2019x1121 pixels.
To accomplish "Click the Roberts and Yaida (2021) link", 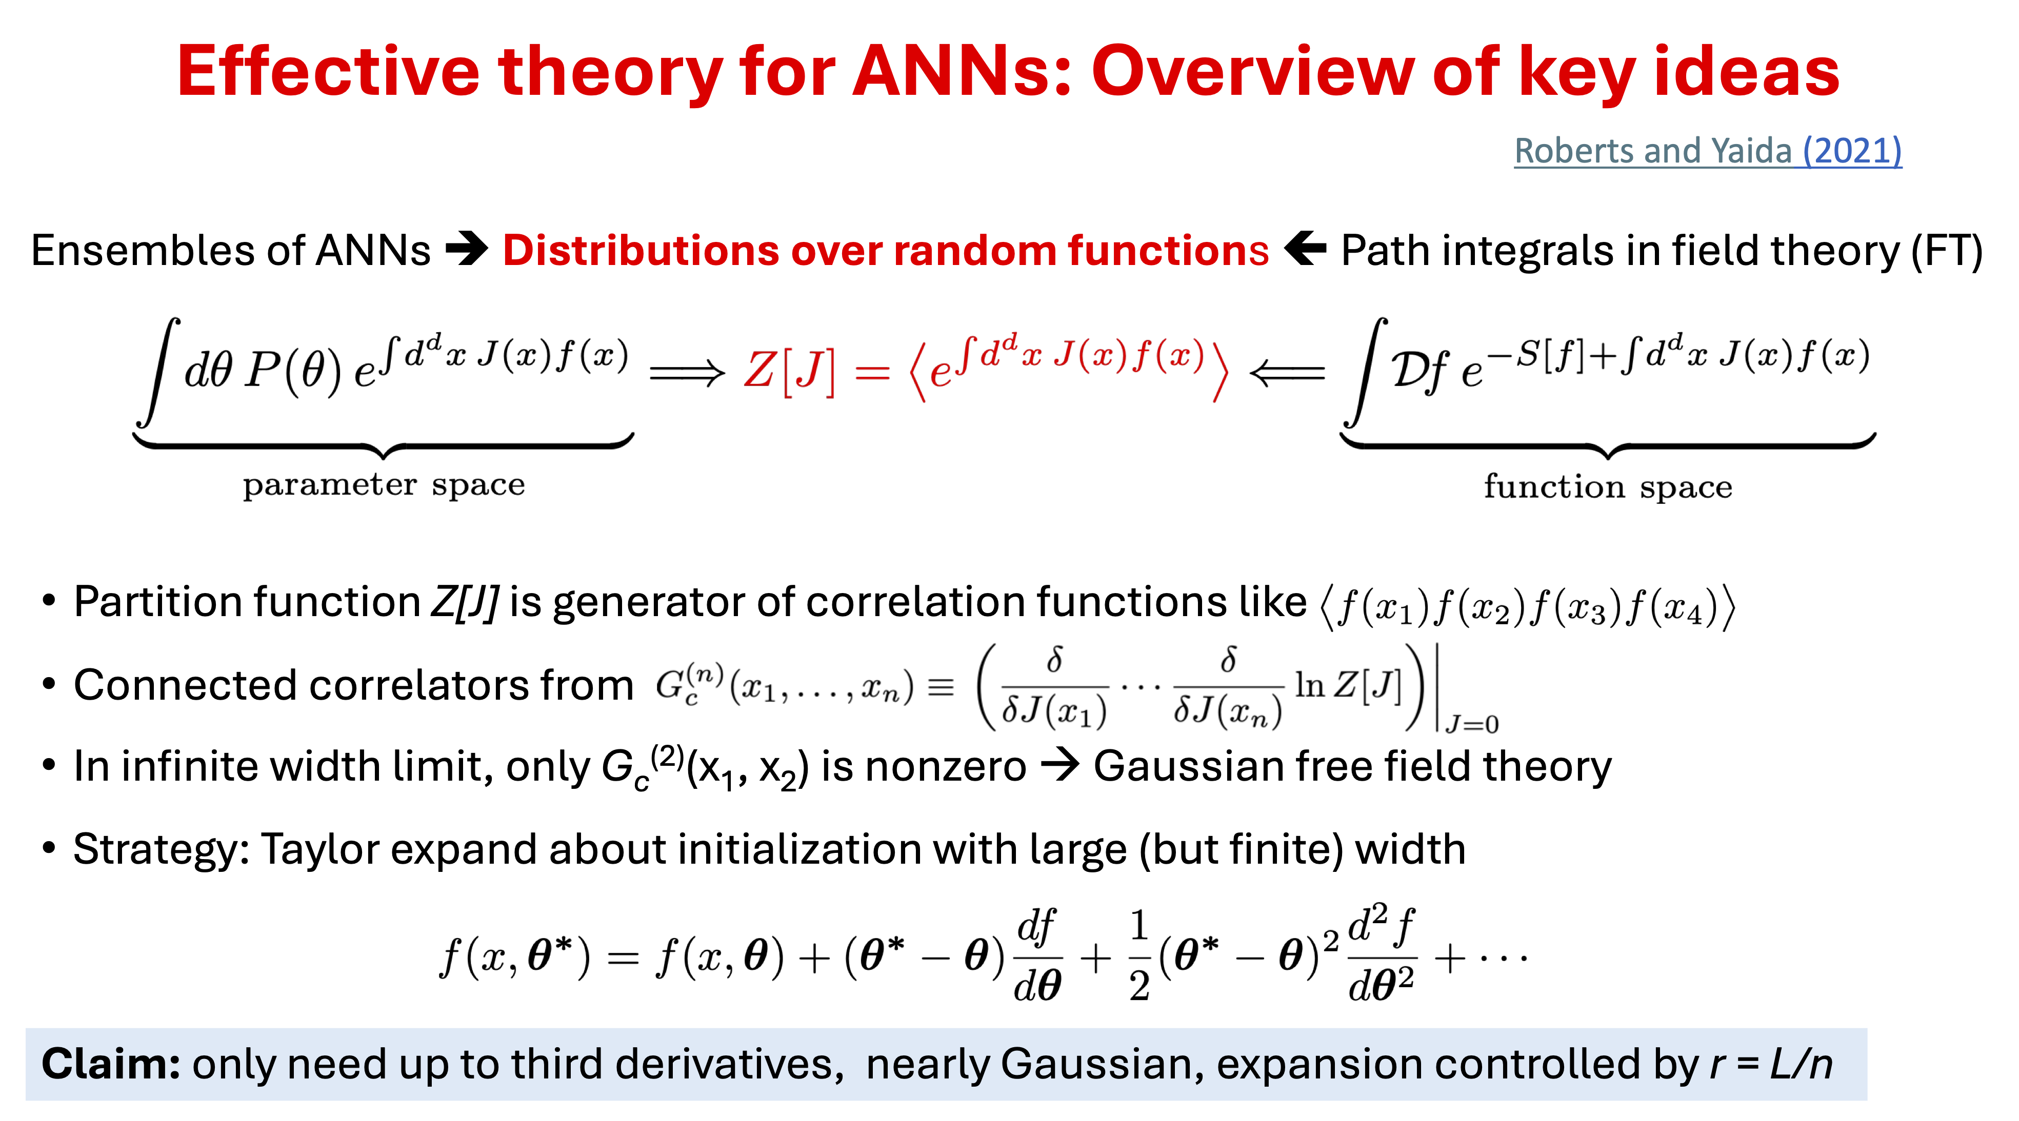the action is (x=1707, y=151).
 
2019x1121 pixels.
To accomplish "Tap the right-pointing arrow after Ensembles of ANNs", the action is (x=467, y=251).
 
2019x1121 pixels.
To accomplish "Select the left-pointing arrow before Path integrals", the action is (x=1305, y=251).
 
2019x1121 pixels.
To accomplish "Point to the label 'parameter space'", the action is (x=383, y=486).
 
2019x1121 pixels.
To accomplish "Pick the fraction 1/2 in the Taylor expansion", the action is (x=1140, y=956).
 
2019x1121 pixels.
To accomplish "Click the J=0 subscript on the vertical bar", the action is (x=1472, y=724).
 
